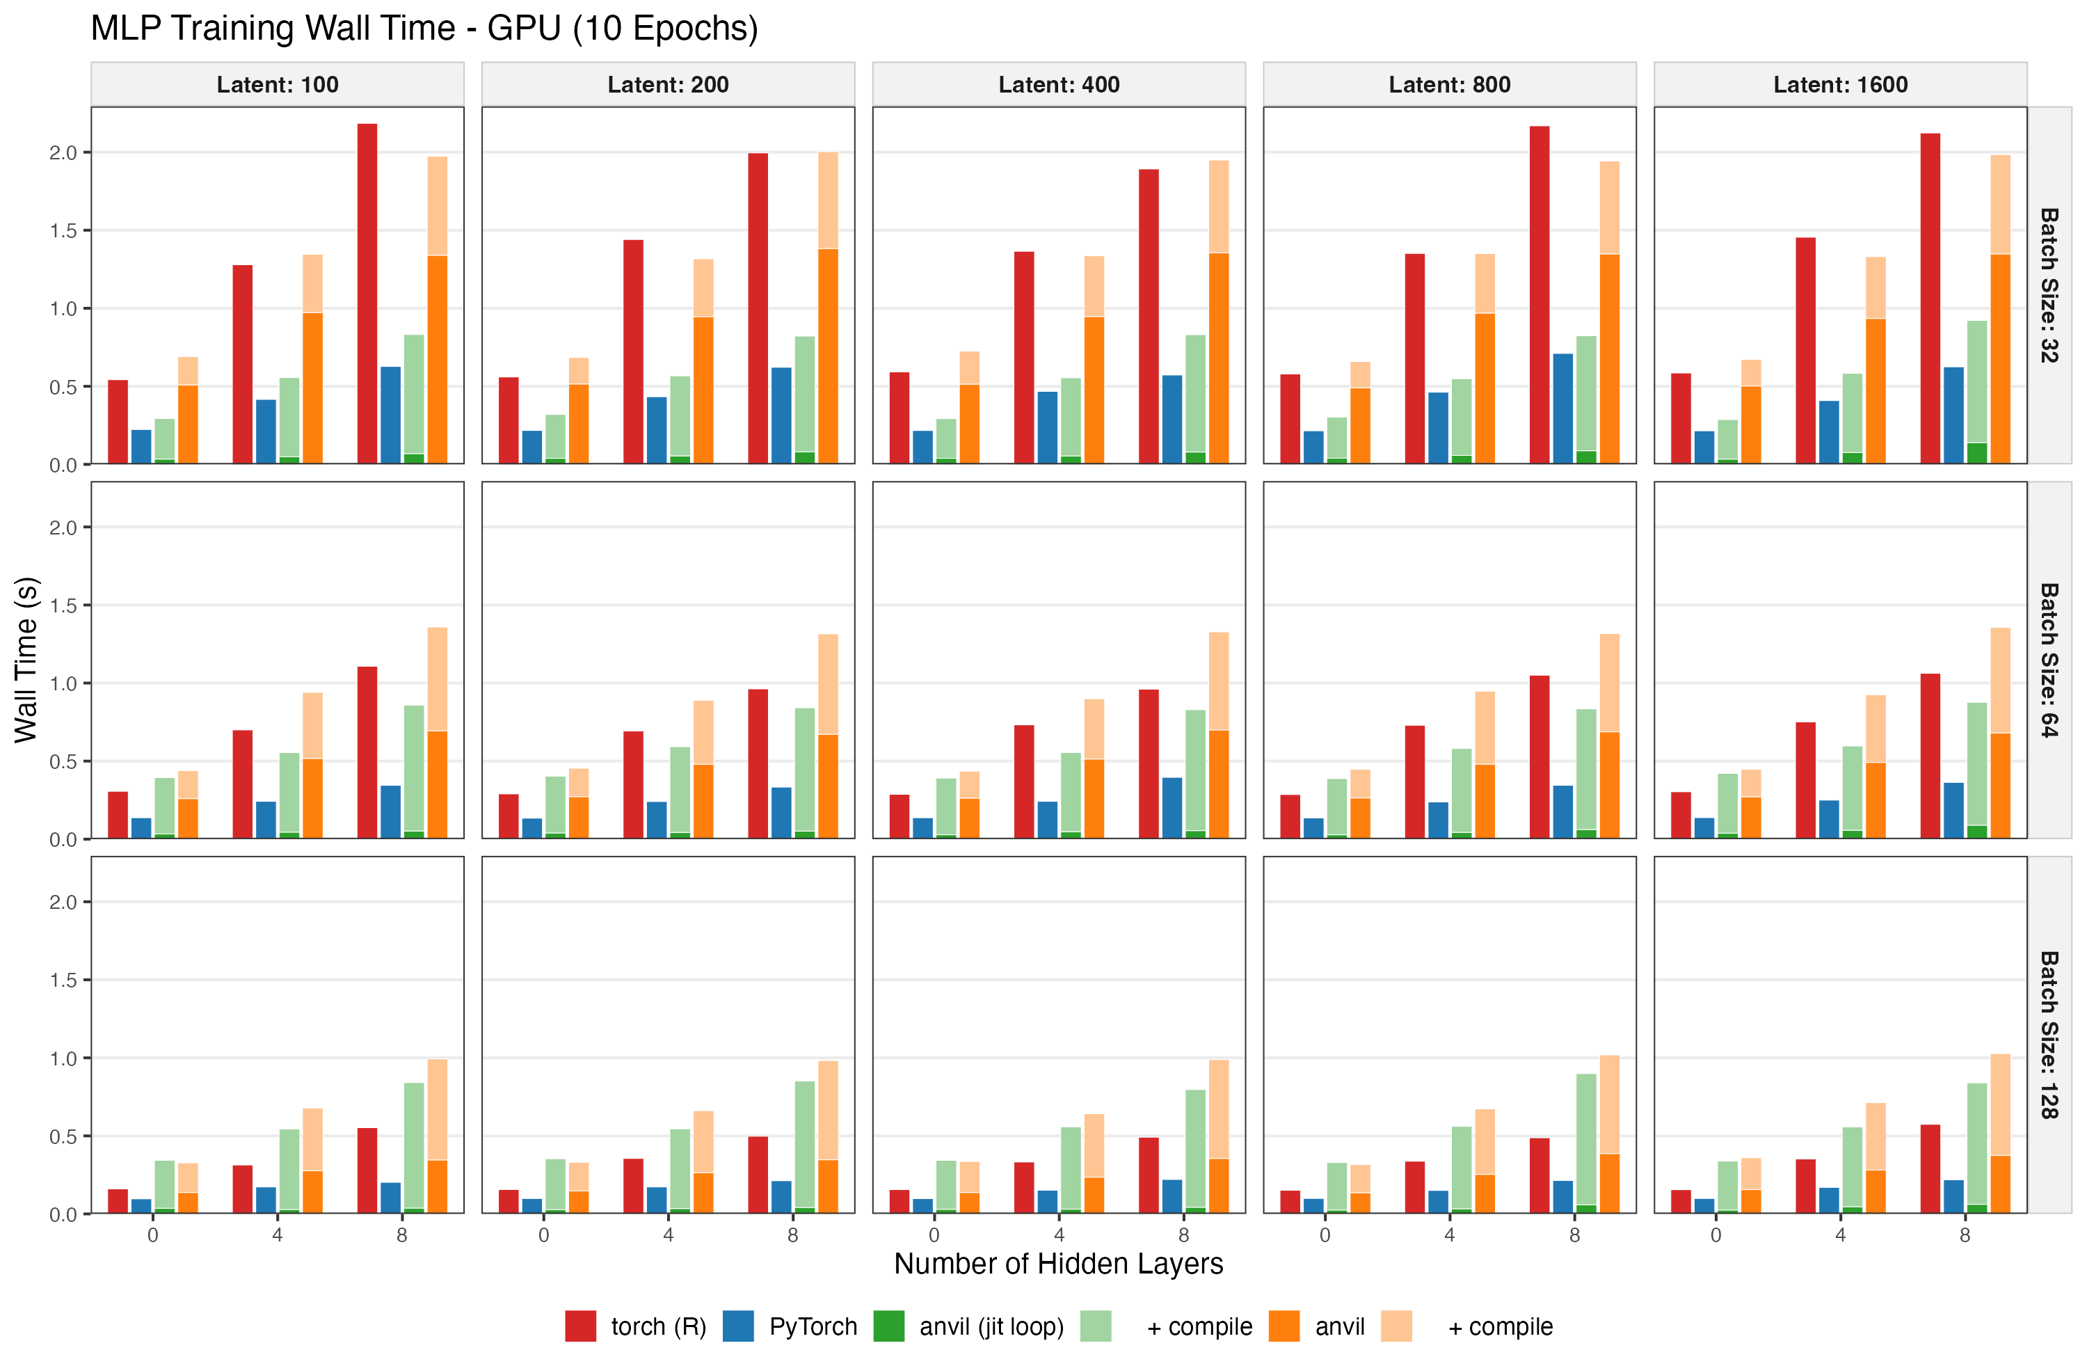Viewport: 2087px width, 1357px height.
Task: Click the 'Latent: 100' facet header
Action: pos(277,85)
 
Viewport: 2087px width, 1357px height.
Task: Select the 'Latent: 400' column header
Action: pos(1058,85)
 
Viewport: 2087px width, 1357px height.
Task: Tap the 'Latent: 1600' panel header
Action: pos(1840,85)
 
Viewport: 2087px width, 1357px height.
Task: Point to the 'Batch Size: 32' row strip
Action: pos(2049,285)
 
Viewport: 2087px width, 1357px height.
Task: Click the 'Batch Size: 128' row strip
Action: pos(2049,1035)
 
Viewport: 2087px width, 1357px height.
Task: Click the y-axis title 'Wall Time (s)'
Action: pos(26,660)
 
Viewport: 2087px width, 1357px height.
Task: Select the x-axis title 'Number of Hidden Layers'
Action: pos(1058,1264)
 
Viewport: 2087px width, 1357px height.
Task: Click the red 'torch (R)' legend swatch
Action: pos(580,1326)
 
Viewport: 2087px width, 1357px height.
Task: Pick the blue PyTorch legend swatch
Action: pos(738,1326)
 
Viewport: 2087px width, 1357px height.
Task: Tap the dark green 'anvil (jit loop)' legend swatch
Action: pos(889,1326)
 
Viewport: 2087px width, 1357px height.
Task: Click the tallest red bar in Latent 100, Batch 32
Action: pos(367,294)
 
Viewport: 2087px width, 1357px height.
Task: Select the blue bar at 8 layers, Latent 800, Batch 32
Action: pos(1562,408)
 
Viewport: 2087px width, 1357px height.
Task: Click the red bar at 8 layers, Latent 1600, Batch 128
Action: pos(1930,1169)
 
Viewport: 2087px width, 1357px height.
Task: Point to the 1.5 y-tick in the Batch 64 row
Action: pos(63,605)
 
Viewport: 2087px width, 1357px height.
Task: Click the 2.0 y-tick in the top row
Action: pos(63,152)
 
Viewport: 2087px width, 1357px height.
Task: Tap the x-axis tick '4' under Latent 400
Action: pos(1060,1236)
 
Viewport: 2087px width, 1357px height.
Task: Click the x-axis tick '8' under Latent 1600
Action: pos(1965,1236)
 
